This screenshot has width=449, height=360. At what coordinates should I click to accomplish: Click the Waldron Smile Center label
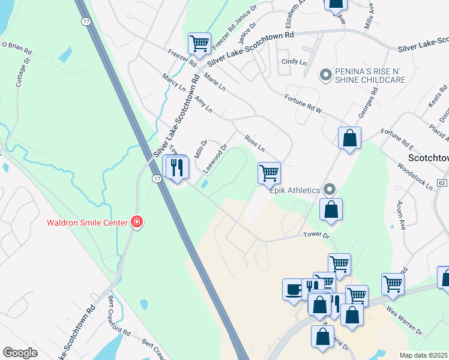click(88, 223)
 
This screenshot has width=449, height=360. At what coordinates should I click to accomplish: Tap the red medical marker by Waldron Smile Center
click(137, 223)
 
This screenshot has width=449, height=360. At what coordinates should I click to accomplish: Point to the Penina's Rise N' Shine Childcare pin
click(325, 75)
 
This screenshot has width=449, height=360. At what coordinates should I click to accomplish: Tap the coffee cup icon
click(294, 289)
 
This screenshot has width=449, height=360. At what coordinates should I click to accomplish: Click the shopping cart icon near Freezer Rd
click(199, 43)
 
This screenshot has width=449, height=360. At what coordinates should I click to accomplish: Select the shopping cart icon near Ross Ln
click(269, 173)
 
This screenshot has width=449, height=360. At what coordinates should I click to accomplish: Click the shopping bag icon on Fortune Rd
click(349, 138)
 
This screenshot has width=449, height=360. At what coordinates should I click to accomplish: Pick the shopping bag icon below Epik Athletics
click(330, 209)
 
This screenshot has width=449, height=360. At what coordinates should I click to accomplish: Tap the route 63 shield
click(443, 182)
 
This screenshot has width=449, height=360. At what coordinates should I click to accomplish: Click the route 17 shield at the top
click(86, 21)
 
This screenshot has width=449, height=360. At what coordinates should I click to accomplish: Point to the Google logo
click(20, 353)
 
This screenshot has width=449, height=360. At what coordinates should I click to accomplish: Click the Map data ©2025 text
click(423, 355)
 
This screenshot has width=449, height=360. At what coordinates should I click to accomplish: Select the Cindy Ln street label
click(294, 62)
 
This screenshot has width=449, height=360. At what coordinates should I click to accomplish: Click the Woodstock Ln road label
click(415, 175)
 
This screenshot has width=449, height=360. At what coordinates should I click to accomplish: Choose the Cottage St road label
click(23, 73)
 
